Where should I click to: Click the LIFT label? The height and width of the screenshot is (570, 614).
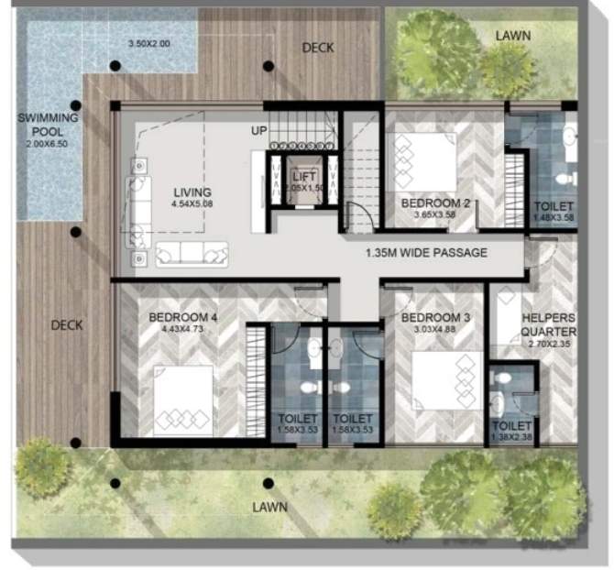(x=304, y=177)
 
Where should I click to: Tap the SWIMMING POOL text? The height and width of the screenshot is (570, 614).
(x=53, y=125)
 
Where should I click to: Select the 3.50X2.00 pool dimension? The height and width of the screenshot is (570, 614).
(x=149, y=44)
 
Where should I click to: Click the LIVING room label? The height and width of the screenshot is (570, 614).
(x=192, y=192)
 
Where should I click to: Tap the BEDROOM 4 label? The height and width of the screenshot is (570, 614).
(x=183, y=318)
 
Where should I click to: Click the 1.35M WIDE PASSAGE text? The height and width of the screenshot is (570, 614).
(x=426, y=253)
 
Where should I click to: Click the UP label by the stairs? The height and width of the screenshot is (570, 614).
(x=259, y=131)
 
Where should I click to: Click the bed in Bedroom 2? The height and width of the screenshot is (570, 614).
(x=424, y=162)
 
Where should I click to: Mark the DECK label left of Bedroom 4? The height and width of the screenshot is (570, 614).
(x=67, y=325)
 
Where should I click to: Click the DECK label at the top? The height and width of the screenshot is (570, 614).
(x=318, y=48)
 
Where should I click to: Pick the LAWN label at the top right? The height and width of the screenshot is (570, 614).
(x=512, y=35)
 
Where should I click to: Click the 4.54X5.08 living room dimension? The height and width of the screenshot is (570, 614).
(x=192, y=204)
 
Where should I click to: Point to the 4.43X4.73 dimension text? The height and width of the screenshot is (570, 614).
(x=183, y=328)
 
